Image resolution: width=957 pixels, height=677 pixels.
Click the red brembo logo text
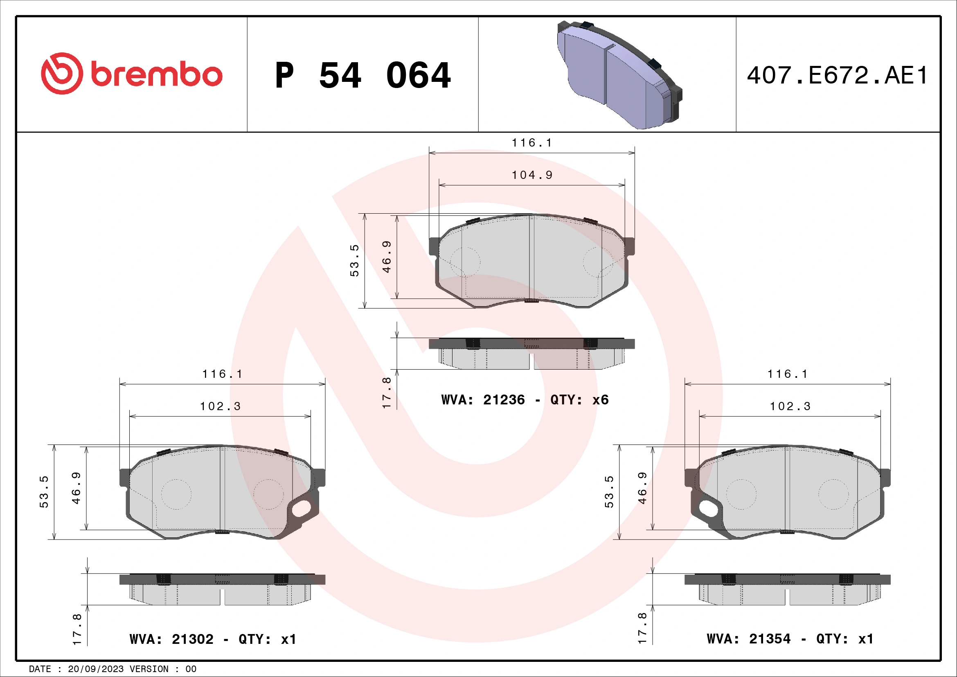click(x=156, y=74)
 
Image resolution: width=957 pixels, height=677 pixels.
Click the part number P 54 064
click(x=363, y=75)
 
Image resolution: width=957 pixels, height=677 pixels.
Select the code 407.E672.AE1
click(x=838, y=75)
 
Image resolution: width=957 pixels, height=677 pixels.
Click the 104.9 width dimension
click(x=532, y=175)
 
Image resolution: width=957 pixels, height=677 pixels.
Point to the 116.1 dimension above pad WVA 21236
click(x=532, y=143)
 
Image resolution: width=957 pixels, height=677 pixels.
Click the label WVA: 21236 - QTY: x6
click(x=525, y=400)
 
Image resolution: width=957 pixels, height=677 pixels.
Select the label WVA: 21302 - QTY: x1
click(x=213, y=639)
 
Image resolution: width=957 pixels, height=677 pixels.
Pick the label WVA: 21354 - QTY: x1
click(x=790, y=639)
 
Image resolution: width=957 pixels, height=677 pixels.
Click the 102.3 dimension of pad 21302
click(x=220, y=406)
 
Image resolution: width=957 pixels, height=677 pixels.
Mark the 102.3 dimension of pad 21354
click(x=790, y=406)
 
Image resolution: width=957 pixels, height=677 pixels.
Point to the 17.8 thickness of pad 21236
click(x=386, y=393)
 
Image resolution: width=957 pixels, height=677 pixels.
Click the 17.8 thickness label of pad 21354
click(x=642, y=628)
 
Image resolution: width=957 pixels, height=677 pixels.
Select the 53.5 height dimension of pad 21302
click(x=44, y=492)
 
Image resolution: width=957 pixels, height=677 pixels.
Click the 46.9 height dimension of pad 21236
click(x=387, y=257)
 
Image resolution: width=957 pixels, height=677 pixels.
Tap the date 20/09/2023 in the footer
click(x=95, y=669)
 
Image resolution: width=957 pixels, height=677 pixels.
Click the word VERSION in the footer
click(x=149, y=669)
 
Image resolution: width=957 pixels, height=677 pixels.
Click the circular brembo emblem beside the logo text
click(x=62, y=73)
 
